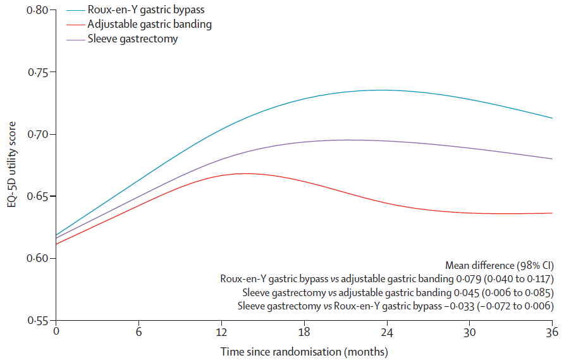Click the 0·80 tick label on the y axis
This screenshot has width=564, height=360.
pyautogui.click(x=37, y=10)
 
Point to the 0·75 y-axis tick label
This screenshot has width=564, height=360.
pyautogui.click(x=37, y=72)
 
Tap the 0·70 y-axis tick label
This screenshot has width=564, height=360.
pyautogui.click(x=37, y=134)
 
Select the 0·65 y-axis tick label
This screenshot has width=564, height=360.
pyautogui.click(x=37, y=197)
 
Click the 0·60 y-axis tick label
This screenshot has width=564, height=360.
pyautogui.click(x=37, y=259)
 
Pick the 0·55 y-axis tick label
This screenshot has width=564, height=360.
pyautogui.click(x=37, y=320)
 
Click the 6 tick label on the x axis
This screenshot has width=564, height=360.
pyautogui.click(x=139, y=332)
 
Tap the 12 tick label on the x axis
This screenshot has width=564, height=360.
pyautogui.click(x=221, y=332)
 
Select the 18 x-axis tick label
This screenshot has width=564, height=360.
pyautogui.click(x=304, y=332)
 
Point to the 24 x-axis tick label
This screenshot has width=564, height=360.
pyautogui.click(x=387, y=332)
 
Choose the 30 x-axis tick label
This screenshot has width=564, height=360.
pyautogui.click(x=470, y=332)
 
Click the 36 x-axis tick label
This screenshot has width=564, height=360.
pyautogui.click(x=552, y=332)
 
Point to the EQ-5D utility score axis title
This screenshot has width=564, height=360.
pyautogui.click(x=12, y=164)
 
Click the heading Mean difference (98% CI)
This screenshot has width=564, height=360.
pyautogui.click(x=500, y=265)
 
